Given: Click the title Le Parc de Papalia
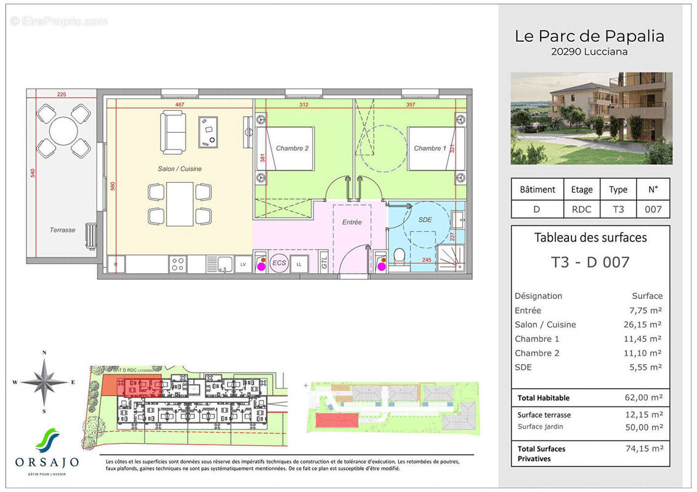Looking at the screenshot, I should coord(589,36).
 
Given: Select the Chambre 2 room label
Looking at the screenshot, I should coord(292,148).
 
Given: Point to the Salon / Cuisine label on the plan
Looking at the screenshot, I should coord(179,169).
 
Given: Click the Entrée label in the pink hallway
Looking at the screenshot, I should coord(352,222).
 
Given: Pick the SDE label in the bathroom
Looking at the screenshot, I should coord(425,219).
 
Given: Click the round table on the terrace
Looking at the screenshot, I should coord(63,130).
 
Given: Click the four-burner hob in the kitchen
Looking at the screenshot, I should coord(179,264).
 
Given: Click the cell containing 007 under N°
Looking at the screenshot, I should coord(653,209).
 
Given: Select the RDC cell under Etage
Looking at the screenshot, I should coord(581,209).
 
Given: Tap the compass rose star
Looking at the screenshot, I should coord(44,382).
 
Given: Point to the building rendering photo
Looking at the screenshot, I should coord(591,118).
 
